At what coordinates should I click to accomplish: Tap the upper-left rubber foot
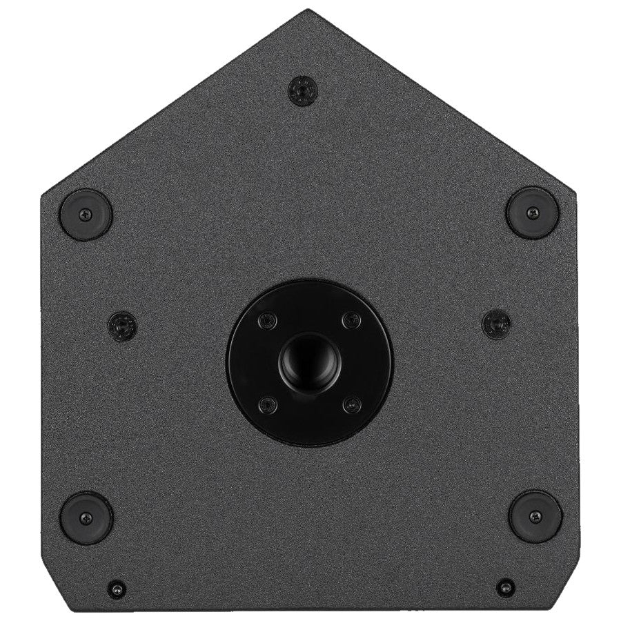pos(86,213)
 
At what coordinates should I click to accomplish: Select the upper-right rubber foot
pos(531,213)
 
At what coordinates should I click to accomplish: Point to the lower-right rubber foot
pos(535,516)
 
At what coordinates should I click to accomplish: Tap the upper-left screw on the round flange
pos(266,319)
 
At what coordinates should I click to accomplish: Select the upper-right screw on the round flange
pos(352,319)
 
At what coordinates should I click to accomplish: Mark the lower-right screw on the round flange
pos(352,404)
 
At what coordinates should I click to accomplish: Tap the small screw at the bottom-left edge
pos(117,589)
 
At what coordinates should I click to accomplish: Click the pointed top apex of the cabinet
pos(308,11)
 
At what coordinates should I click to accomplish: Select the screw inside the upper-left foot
pos(86,214)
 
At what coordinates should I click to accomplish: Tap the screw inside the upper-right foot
pos(531,213)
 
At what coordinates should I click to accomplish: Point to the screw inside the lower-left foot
pos(86,517)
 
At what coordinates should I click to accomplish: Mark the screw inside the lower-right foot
pos(535,516)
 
